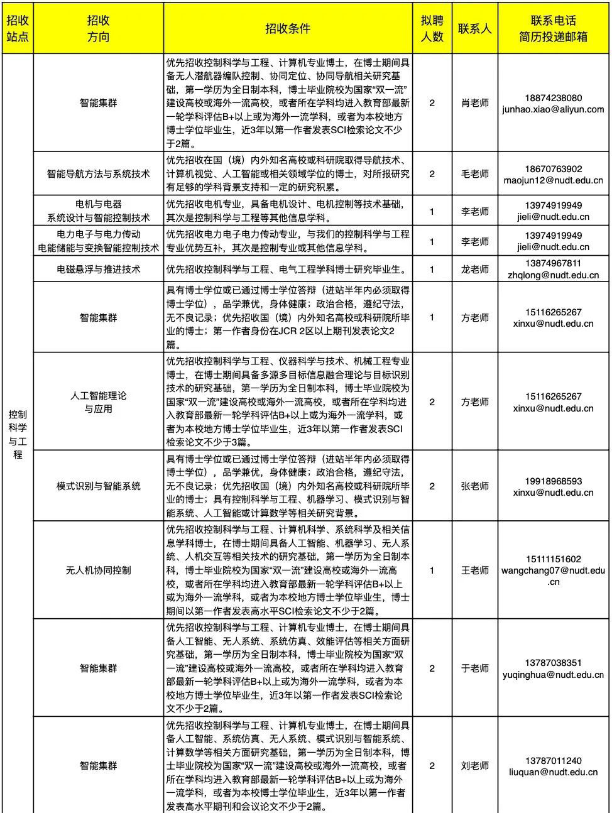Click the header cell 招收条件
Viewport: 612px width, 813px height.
(x=288, y=29)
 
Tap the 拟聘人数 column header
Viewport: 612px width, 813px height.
(x=432, y=29)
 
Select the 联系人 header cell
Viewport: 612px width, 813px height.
(x=474, y=29)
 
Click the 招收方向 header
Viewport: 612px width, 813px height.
(x=98, y=29)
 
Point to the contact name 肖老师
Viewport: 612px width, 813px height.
(x=474, y=103)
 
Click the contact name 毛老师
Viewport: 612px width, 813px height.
(x=474, y=173)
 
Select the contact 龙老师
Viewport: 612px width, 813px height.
(x=474, y=270)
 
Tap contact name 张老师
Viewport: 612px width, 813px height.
(x=474, y=486)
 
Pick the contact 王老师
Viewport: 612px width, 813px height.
(x=474, y=570)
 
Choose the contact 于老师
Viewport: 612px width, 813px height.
(x=474, y=668)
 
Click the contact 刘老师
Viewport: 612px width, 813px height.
(x=474, y=765)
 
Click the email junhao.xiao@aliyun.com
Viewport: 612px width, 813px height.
(x=553, y=109)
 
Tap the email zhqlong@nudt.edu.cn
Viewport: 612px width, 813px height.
(x=553, y=275)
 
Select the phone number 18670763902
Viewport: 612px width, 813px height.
(x=553, y=168)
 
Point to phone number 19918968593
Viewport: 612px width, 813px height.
(x=553, y=481)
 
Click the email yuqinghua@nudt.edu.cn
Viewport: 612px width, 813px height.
(x=553, y=674)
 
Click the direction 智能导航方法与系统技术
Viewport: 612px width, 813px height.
(x=98, y=173)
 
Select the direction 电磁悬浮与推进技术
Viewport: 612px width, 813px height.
(x=98, y=270)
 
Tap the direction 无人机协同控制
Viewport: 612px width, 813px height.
(x=98, y=570)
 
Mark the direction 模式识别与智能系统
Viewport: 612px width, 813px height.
(x=98, y=486)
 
